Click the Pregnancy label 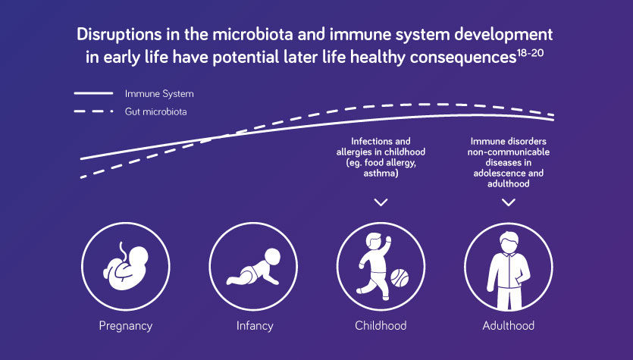(x=125, y=326)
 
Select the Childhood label (x=381, y=326)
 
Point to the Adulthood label (x=508, y=326)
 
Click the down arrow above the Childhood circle (x=381, y=202)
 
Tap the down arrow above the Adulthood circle (x=509, y=202)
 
